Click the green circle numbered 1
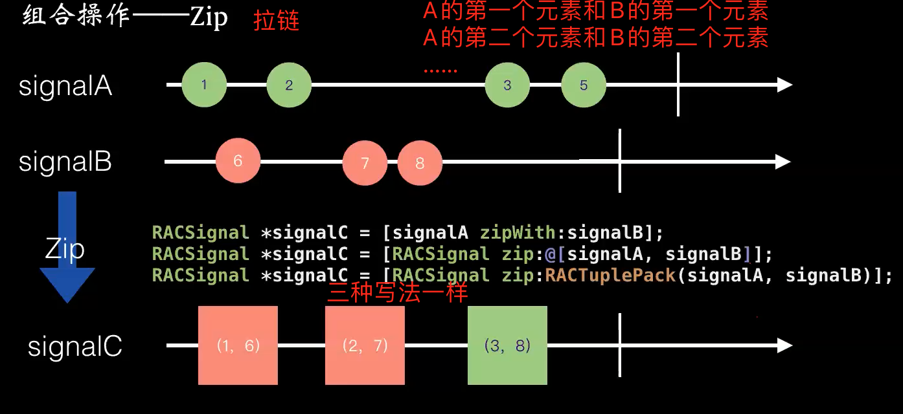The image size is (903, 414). (204, 85)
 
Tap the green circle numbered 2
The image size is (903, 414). (289, 85)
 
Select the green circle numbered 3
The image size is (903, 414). (507, 85)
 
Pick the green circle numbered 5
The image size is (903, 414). (584, 85)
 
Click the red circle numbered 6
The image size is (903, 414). (238, 161)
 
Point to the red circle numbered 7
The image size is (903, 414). (365, 162)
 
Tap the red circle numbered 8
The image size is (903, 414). (420, 162)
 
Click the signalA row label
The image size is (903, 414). (65, 86)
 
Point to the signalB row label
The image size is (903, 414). (65, 162)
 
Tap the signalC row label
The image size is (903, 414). (75, 347)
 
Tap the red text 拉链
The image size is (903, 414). (277, 21)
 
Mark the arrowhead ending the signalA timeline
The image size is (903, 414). (784, 85)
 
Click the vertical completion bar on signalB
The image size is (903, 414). (620, 161)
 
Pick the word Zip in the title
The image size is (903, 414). (209, 17)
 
